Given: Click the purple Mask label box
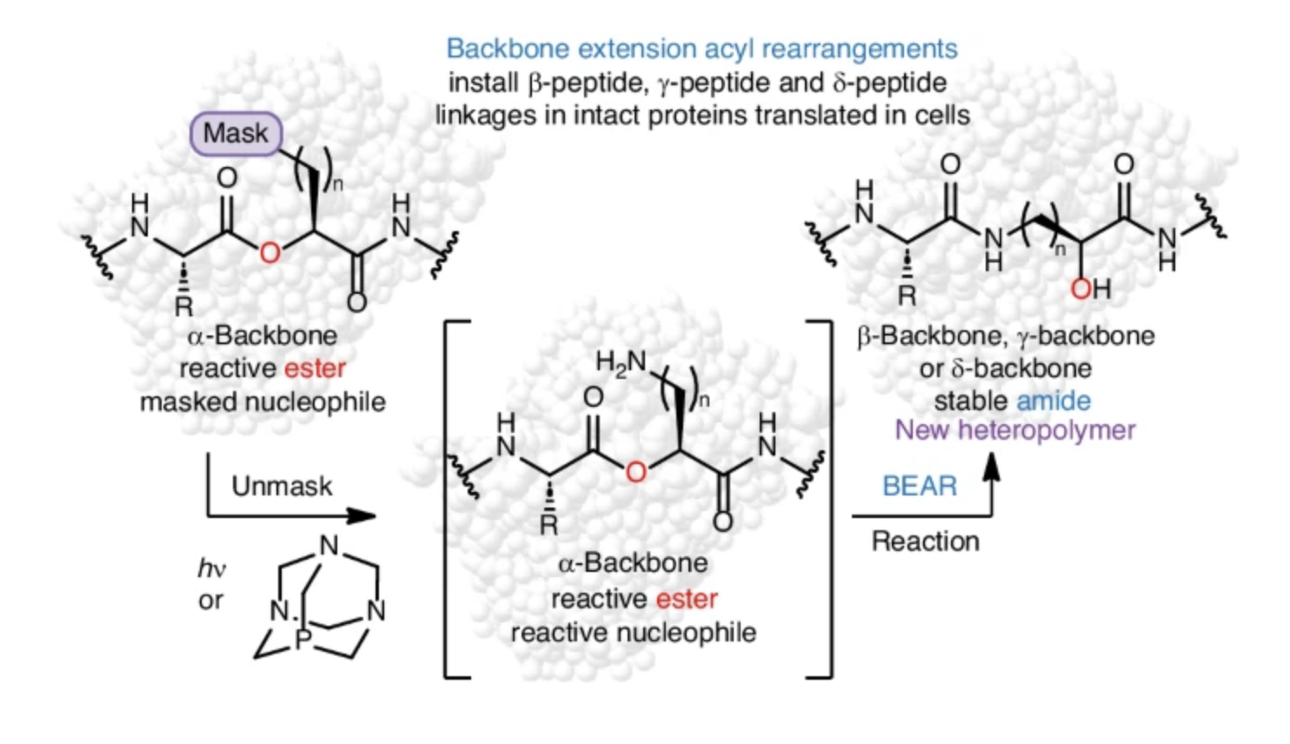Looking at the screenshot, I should [x=236, y=134].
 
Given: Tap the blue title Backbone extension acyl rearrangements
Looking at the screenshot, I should [x=702, y=49].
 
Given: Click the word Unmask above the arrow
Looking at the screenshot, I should [x=282, y=486].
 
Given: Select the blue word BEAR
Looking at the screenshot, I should [x=919, y=486].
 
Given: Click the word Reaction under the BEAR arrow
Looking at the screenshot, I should [x=925, y=541].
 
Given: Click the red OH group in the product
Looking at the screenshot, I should [x=1090, y=288].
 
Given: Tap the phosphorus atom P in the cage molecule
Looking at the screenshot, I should [x=303, y=641].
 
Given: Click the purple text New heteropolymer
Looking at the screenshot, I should [x=1015, y=430].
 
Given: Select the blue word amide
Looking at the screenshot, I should [x=1054, y=401].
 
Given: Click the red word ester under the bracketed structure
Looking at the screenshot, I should [x=687, y=599].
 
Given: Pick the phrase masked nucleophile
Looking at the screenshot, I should [x=263, y=402].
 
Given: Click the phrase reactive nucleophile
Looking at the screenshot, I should [x=633, y=633].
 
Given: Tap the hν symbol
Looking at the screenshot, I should [x=210, y=569].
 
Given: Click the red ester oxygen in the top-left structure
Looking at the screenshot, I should [x=269, y=253].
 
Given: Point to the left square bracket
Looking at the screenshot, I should [x=449, y=499].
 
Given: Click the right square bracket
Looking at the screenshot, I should [x=827, y=499].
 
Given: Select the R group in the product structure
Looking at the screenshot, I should [x=907, y=296].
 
